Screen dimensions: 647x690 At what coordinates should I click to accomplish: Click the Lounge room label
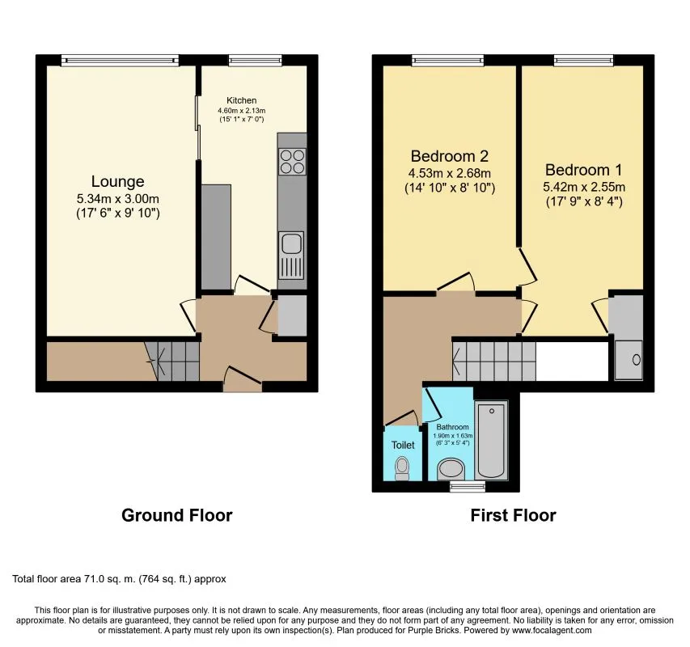pos(117,181)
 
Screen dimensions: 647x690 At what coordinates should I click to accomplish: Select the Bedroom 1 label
pos(582,170)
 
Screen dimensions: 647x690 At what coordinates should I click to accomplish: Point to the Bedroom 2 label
pos(449,156)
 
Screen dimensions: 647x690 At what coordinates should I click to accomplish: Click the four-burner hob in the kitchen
pos(292,162)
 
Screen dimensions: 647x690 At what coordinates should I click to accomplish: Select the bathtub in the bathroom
pos(491,440)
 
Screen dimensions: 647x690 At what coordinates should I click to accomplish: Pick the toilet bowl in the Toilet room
pos(402,468)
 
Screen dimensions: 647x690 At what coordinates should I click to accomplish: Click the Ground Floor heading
pos(176,515)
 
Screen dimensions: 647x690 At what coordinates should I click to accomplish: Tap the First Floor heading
pos(513,515)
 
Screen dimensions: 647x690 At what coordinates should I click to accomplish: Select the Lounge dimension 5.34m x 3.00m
pos(117,199)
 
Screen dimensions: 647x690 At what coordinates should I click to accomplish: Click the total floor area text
pos(119,579)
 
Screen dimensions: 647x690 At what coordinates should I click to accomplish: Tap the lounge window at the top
pos(120,59)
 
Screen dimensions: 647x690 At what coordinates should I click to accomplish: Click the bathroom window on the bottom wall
pos(463,487)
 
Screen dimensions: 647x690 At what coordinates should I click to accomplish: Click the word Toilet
pos(402,445)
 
